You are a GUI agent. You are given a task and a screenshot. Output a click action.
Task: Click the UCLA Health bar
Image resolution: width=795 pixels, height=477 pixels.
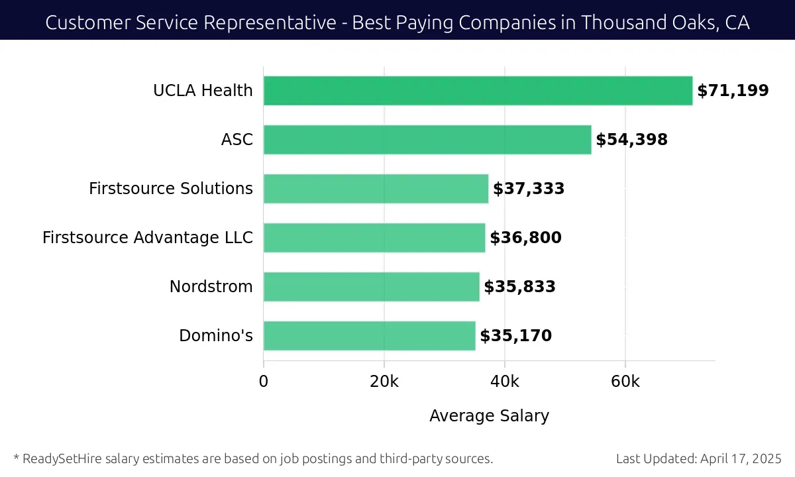tap(478, 91)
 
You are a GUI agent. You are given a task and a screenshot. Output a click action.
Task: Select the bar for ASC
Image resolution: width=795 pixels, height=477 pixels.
tap(427, 140)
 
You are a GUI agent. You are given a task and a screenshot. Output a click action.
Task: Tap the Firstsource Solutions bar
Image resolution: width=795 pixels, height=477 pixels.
tap(376, 189)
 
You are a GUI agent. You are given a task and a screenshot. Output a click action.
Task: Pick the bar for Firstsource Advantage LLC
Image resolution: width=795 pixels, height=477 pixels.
tap(374, 238)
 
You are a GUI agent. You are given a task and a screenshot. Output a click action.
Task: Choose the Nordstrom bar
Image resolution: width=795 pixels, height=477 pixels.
tap(371, 287)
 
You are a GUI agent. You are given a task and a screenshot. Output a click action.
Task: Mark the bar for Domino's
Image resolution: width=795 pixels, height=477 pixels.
tap(369, 336)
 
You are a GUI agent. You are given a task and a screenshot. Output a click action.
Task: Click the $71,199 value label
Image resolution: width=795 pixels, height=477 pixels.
tap(733, 91)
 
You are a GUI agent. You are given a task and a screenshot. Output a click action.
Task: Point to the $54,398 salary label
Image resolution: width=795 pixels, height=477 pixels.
tap(631, 140)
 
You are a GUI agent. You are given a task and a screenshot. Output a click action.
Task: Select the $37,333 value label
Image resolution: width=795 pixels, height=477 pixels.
tap(529, 189)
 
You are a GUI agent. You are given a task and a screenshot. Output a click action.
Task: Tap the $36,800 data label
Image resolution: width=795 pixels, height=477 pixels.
tap(525, 238)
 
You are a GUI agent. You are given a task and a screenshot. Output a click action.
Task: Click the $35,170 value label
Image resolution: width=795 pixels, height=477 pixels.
tap(515, 336)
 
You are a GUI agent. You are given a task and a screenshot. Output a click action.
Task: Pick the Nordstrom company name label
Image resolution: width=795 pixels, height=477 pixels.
tap(211, 287)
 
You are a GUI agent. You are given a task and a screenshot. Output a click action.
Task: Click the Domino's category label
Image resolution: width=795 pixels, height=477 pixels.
tap(215, 336)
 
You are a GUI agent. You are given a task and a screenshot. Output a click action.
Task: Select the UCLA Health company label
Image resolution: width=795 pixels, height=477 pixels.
tap(203, 91)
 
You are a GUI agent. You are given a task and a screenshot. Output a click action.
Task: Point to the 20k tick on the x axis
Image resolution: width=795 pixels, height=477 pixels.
tap(384, 382)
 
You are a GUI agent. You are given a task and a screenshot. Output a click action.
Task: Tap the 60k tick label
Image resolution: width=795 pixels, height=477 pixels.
tap(625, 382)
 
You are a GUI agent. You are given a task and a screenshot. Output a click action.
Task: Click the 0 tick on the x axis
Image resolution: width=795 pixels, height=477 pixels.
tap(264, 382)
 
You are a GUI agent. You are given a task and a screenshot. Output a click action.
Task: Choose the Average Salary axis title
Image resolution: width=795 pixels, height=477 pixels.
tap(489, 416)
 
